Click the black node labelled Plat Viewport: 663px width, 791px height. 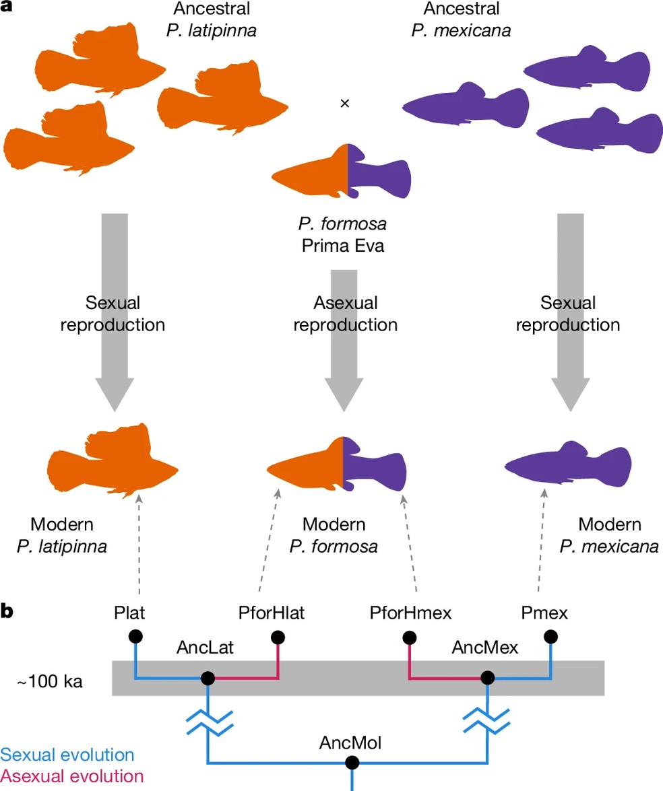click(x=135, y=636)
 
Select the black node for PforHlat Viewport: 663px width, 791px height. click(x=277, y=636)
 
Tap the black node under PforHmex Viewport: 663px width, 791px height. click(x=409, y=636)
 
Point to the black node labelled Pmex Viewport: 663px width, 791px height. click(x=551, y=636)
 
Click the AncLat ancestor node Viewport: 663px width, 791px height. click(x=208, y=678)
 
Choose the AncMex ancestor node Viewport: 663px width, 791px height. click(x=486, y=678)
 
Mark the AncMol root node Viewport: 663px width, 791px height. click(x=350, y=763)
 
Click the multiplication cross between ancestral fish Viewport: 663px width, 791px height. click(x=345, y=103)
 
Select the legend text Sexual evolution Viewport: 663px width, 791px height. click(x=67, y=755)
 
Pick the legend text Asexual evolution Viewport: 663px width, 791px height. click(x=72, y=776)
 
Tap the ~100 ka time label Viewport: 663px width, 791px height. click(x=51, y=681)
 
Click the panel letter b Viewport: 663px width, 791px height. click(x=9, y=613)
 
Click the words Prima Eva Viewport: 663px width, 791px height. click(x=342, y=246)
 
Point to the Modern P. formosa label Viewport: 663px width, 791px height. click(x=334, y=536)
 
